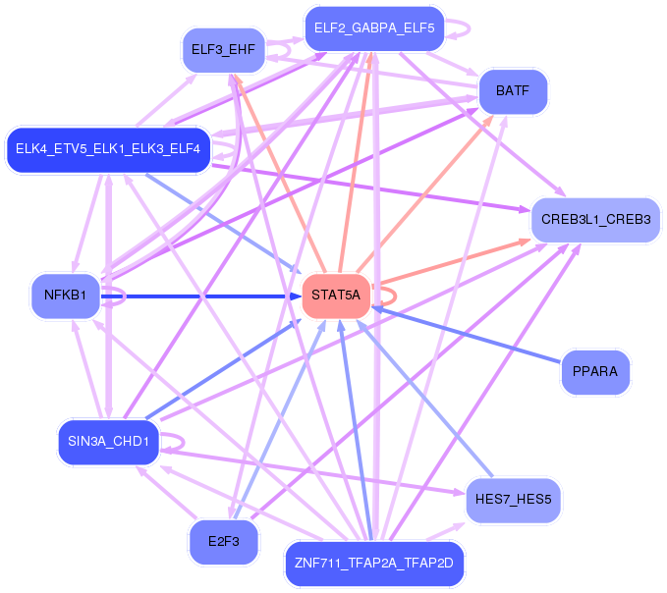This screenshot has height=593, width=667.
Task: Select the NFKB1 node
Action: [66, 295]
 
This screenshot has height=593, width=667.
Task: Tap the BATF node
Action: [513, 91]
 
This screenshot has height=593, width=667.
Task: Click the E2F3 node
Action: [223, 541]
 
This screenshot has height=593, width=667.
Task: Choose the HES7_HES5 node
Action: [513, 499]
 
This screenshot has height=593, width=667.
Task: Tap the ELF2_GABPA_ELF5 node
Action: [374, 27]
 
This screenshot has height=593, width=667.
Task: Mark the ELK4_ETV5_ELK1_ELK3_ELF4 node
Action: [108, 149]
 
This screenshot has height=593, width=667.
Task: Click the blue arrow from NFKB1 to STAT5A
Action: [196, 296]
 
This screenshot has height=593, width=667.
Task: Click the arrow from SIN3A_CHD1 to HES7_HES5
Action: [314, 472]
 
